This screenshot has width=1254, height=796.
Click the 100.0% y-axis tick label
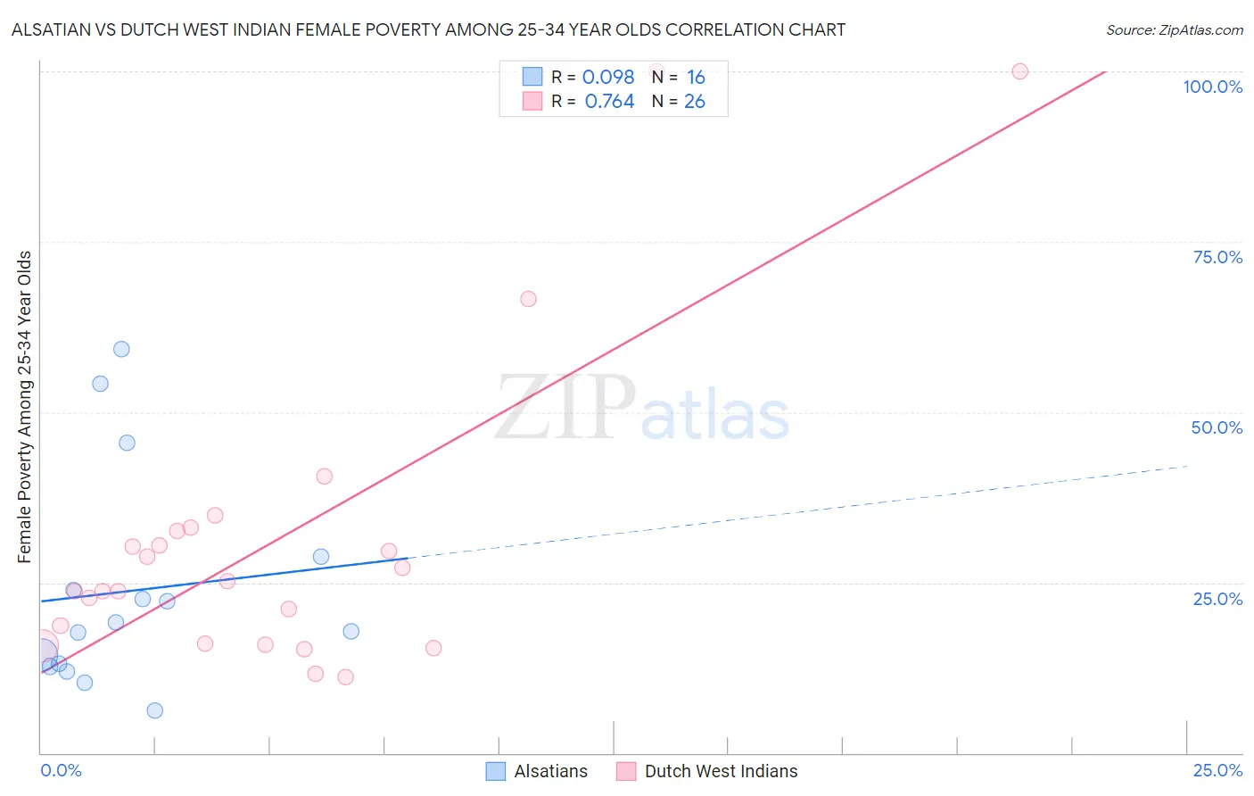(x=1212, y=87)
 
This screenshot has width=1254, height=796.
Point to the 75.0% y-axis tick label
(x=1217, y=257)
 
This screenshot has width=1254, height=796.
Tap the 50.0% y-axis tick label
(x=1217, y=427)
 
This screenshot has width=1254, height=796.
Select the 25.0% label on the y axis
(x=1217, y=599)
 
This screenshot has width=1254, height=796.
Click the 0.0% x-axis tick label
(x=61, y=770)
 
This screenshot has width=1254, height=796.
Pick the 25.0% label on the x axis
(x=1217, y=770)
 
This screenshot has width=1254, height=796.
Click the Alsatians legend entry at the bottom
(x=550, y=771)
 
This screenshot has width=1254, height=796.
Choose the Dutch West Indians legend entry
(x=721, y=771)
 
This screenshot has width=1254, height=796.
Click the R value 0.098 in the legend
(x=608, y=78)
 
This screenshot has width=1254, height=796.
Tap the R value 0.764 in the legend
(x=609, y=102)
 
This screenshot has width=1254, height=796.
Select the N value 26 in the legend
(x=695, y=102)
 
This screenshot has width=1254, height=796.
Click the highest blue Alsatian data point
(x=121, y=349)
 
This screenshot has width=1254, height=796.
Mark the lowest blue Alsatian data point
(x=155, y=710)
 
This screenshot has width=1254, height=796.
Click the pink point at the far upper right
(x=1019, y=71)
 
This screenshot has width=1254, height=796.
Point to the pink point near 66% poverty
(x=528, y=299)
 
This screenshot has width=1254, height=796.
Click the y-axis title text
(x=25, y=407)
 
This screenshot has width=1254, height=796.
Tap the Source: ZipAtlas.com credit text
(x=1174, y=30)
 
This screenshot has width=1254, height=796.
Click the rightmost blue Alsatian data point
(x=351, y=631)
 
